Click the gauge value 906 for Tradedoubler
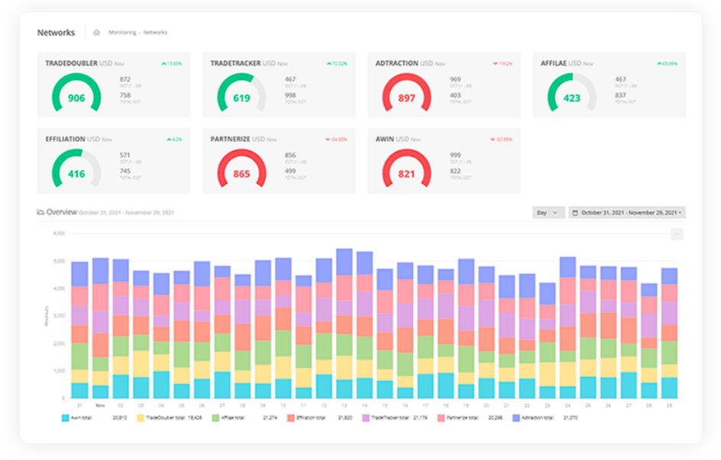[76, 98]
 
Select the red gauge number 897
[406, 98]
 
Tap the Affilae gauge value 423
[571, 98]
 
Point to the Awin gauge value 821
[406, 174]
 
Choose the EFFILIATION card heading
[66, 139]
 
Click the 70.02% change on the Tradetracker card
[337, 63]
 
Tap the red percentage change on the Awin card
[502, 140]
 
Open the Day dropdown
[548, 213]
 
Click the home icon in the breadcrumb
[96, 33]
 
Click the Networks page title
[56, 33]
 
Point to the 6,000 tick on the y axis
[59, 233]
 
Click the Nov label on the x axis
[100, 406]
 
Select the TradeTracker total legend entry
[390, 419]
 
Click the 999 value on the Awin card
[455, 155]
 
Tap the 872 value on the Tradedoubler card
[125, 79]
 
